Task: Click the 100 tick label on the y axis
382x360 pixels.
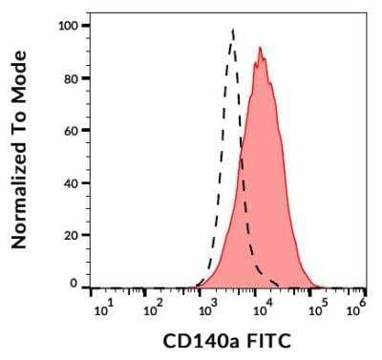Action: (x=69, y=25)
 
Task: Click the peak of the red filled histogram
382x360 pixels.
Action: (x=259, y=48)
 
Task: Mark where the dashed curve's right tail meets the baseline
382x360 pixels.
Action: (x=279, y=286)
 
